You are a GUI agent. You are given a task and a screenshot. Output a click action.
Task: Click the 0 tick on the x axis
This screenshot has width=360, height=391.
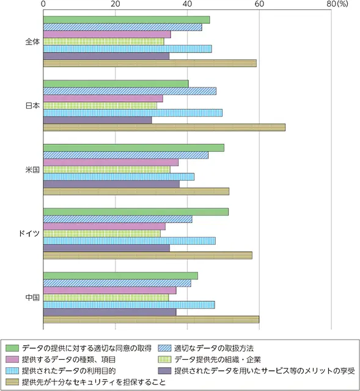[x=43, y=4]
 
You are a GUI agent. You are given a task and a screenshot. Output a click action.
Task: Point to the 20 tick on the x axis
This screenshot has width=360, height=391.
[x=116, y=4]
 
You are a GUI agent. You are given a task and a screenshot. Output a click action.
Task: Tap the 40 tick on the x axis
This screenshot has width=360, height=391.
[x=188, y=4]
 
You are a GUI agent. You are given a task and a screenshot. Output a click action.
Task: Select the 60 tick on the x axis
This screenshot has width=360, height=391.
[x=259, y=4]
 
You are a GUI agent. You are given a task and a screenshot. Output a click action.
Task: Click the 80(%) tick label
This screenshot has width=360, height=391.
[x=337, y=4]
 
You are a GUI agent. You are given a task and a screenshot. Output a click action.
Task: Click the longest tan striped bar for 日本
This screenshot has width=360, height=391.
[x=164, y=127]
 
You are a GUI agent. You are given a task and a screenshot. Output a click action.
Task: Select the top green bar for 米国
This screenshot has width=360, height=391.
[x=133, y=148]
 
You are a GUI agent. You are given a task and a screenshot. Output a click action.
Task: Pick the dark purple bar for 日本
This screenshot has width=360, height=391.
[x=97, y=120]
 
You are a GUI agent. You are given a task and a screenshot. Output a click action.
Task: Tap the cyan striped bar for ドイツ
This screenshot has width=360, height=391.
[x=129, y=241]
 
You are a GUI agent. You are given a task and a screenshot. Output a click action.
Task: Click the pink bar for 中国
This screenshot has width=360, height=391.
[x=109, y=290]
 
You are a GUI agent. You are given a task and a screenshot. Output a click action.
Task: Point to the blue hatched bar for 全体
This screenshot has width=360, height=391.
[x=122, y=27]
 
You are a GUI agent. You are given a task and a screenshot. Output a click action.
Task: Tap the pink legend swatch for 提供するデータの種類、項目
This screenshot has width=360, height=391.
[x=11, y=359]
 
